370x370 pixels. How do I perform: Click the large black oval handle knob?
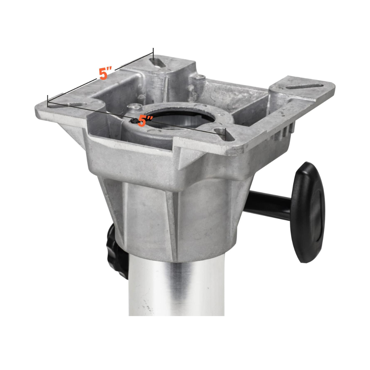tap(307, 212)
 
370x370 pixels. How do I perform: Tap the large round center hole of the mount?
tap(181, 118)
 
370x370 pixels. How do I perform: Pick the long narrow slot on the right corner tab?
tap(305, 86)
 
